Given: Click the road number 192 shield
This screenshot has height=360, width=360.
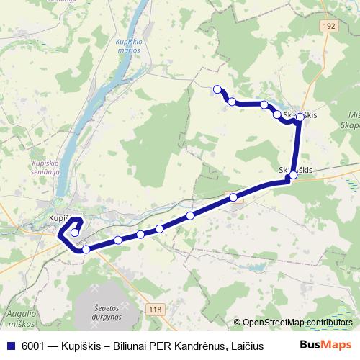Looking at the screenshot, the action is click(x=329, y=24).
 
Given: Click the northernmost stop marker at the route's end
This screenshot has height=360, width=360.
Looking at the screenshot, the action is click(x=217, y=89).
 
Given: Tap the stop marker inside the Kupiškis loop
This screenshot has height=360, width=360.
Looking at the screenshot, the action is click(x=75, y=232).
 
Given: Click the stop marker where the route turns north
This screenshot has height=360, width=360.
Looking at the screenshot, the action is click(x=292, y=175).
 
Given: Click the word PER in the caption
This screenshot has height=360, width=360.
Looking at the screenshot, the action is click(x=155, y=346).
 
